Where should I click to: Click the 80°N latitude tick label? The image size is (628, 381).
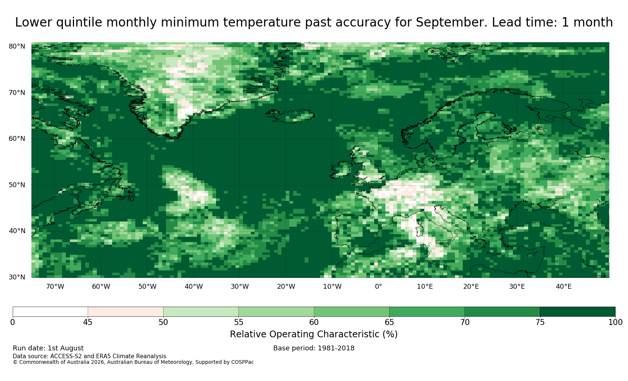click(x=17, y=46)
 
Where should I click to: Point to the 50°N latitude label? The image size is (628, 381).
click(x=17, y=185)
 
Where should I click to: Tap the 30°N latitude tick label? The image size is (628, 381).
click(x=17, y=277)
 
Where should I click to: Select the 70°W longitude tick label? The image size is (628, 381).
click(x=55, y=286)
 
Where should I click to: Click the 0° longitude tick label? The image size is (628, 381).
click(x=378, y=286)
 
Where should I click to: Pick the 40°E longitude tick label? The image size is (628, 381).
click(x=564, y=286)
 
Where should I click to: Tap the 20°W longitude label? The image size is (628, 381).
click(x=286, y=286)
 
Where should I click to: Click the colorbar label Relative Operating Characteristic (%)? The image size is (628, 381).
click(x=314, y=334)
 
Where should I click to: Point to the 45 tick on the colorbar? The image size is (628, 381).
click(x=88, y=322)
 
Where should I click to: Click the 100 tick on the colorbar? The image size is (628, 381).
click(x=615, y=322)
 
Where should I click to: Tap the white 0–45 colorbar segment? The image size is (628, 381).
click(x=50, y=312)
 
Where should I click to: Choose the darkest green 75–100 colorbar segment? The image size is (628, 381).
click(x=578, y=312)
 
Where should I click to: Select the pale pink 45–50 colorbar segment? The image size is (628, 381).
click(x=126, y=312)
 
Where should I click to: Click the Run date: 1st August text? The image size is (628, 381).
click(x=48, y=348)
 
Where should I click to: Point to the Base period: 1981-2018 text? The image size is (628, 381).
click(x=314, y=348)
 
